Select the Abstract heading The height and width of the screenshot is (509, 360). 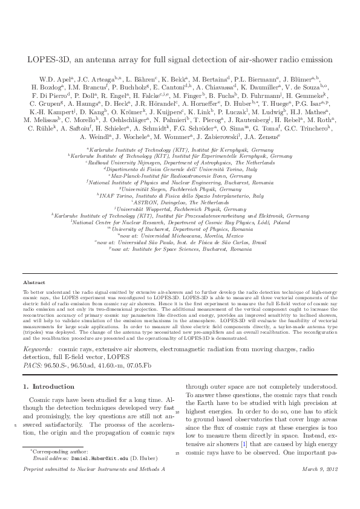(x=33, y=282)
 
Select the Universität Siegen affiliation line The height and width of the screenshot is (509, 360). (x=180, y=188)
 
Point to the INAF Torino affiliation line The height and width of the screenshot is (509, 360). (x=180, y=196)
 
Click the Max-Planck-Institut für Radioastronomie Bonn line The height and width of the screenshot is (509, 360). (x=180, y=175)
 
